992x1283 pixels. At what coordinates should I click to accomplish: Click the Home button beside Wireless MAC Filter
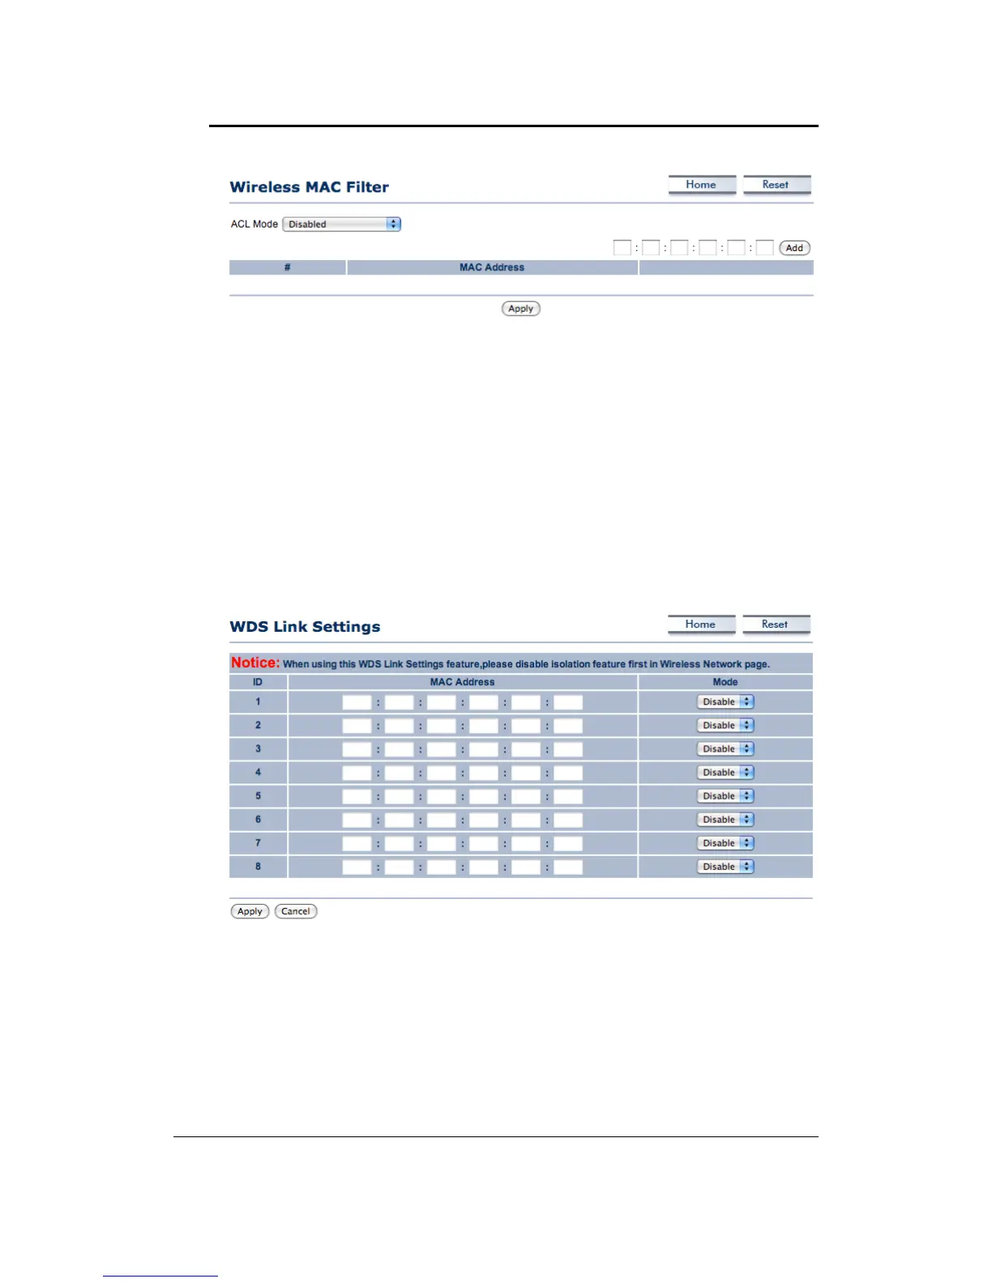pos(701,185)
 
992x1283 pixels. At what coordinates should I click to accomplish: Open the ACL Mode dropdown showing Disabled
pos(341,224)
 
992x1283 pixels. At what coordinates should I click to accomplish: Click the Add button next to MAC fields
pos(794,248)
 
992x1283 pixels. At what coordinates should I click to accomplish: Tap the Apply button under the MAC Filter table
pos(520,309)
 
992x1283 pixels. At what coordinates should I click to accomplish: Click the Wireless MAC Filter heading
pos(309,187)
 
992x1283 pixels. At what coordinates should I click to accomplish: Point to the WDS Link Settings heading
pos(305,627)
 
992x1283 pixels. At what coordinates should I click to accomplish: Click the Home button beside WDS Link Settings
pos(700,624)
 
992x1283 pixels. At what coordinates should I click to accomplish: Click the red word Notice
pos(254,663)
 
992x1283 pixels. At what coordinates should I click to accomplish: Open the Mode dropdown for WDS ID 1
pos(725,702)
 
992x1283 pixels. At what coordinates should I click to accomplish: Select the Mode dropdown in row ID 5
pos(725,796)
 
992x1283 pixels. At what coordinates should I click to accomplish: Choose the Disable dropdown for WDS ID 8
pos(725,867)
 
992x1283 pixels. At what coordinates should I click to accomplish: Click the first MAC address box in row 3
pos(357,749)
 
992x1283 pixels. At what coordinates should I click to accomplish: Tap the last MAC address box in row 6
pos(568,820)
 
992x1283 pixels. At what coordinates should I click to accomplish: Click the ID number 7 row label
pos(259,843)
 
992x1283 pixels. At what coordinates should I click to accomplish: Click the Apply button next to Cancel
pos(250,911)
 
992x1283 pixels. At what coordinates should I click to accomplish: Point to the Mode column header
pos(725,682)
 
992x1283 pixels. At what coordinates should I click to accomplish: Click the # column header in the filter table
pos(288,267)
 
